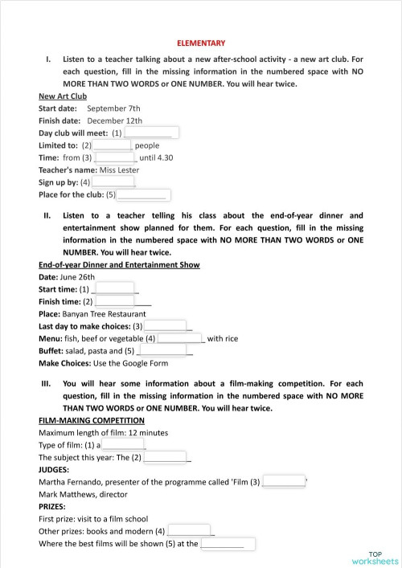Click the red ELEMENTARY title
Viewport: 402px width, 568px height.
(x=201, y=43)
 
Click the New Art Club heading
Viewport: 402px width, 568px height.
(x=63, y=96)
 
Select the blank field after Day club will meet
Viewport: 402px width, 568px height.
(x=151, y=133)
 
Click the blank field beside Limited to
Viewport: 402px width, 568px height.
(x=113, y=145)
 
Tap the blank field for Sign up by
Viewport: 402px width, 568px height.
(x=113, y=182)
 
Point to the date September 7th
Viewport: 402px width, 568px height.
(x=113, y=108)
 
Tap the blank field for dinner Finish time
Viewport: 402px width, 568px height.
(x=115, y=301)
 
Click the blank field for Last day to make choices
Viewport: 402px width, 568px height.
(x=166, y=326)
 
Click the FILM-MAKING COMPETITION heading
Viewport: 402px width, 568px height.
(x=92, y=420)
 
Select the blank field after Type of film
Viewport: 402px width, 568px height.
(x=123, y=444)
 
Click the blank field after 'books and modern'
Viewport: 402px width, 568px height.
(x=190, y=531)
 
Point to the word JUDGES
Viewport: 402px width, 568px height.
(x=55, y=469)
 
